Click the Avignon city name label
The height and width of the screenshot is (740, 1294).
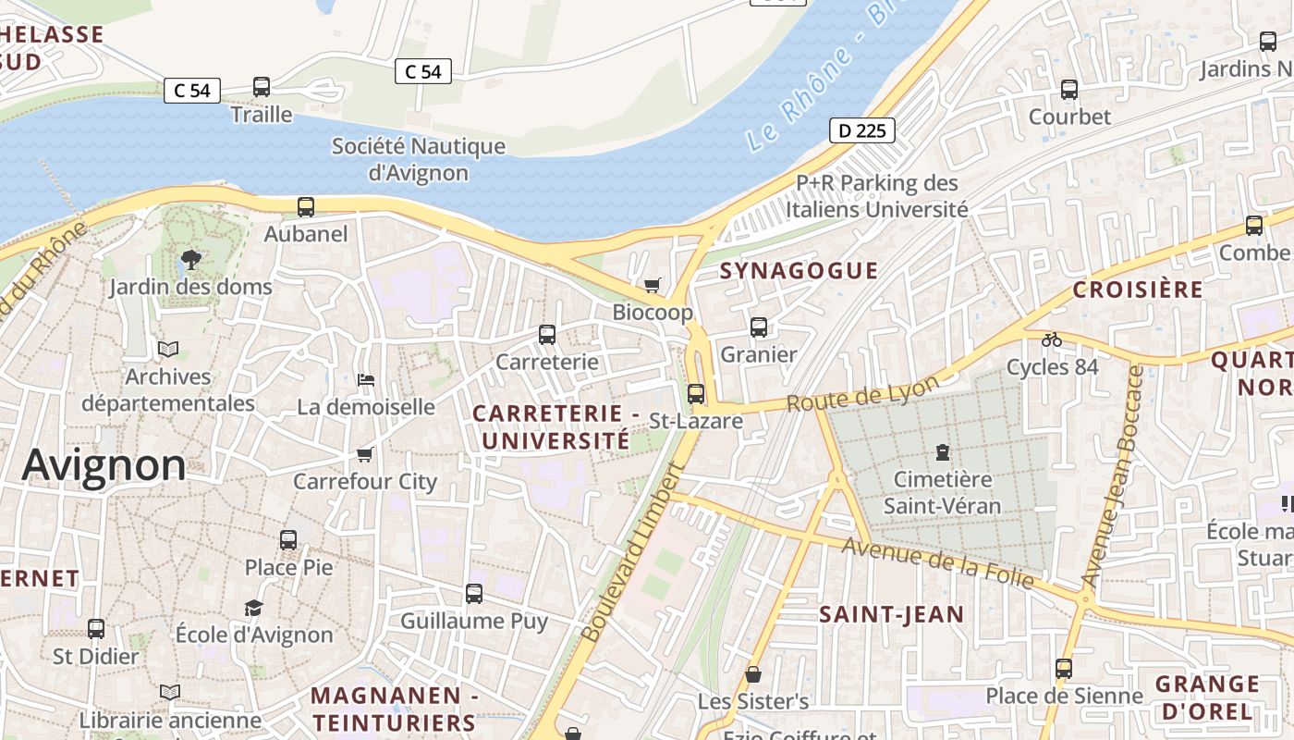(104, 464)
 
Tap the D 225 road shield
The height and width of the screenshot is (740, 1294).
(861, 130)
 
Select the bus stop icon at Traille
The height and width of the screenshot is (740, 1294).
(262, 87)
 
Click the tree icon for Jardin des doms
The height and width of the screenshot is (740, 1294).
(191, 259)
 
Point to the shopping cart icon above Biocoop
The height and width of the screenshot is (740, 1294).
(653, 285)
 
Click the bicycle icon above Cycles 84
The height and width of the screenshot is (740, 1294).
(1051, 339)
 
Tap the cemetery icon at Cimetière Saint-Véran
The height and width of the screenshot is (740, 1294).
(942, 452)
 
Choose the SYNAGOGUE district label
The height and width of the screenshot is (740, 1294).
(799, 270)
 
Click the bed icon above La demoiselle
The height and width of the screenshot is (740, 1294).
(365, 379)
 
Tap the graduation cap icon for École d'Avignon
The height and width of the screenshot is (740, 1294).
(253, 607)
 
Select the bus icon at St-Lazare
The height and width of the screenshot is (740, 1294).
(696, 393)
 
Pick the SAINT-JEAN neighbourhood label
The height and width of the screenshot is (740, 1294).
(892, 614)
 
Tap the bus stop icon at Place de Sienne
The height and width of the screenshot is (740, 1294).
(1064, 668)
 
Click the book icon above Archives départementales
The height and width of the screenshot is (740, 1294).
(167, 349)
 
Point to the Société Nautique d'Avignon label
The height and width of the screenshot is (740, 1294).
(419, 159)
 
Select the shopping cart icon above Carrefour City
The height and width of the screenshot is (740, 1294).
(364, 454)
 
